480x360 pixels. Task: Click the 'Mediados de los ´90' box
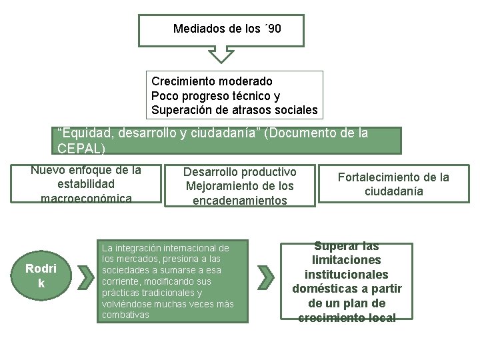click(221, 29)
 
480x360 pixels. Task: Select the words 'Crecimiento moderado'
click(212, 81)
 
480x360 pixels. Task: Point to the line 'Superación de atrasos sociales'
click(234, 110)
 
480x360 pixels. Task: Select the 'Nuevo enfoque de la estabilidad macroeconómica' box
click(86, 183)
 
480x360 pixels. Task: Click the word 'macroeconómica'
click(86, 198)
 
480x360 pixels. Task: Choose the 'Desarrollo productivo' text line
click(240, 171)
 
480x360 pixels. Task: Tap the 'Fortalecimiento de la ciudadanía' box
click(393, 184)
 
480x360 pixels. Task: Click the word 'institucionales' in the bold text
click(346, 275)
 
